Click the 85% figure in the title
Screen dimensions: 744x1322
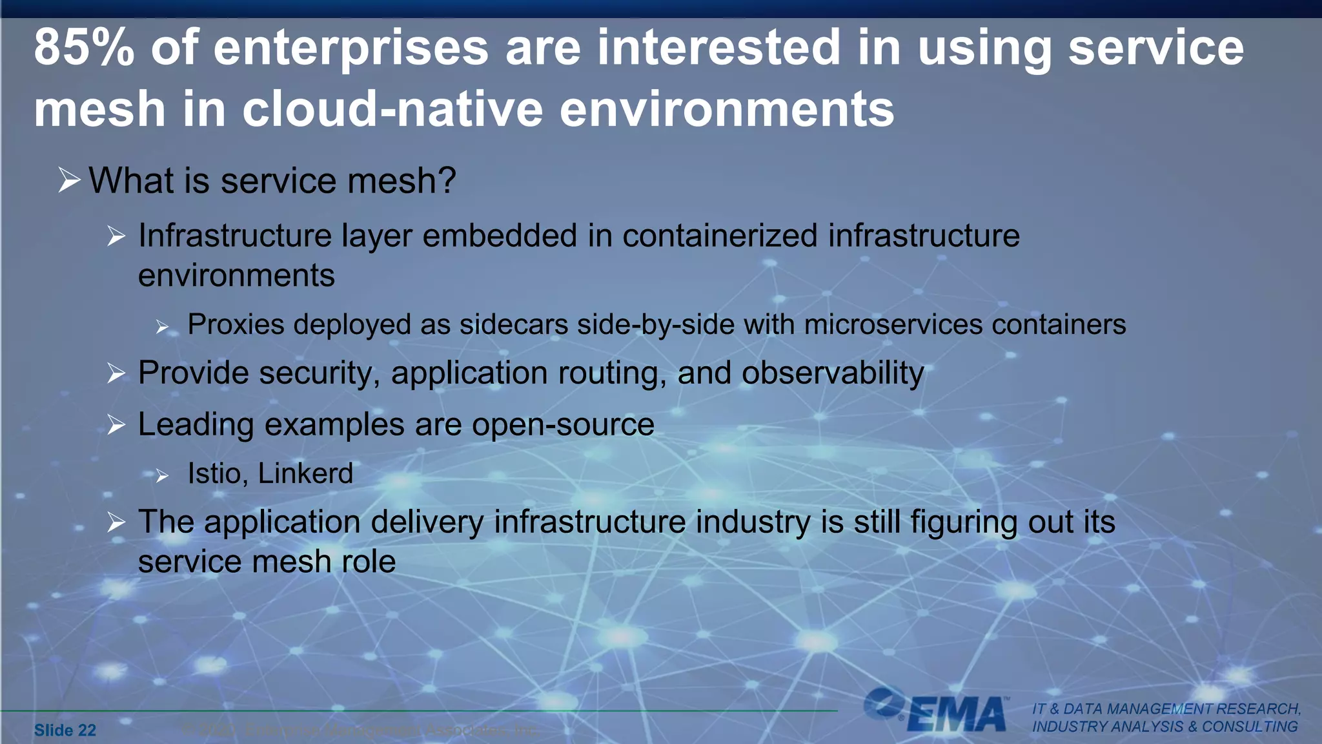(x=84, y=48)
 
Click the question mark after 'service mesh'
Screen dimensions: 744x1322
(x=446, y=180)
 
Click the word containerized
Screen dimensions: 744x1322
(x=720, y=236)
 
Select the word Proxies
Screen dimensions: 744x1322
(x=236, y=325)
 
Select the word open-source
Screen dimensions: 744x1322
(x=563, y=425)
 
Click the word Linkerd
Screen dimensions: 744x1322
(x=305, y=474)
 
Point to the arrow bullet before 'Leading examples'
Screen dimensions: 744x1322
(x=116, y=425)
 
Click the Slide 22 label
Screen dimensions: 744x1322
(x=65, y=730)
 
